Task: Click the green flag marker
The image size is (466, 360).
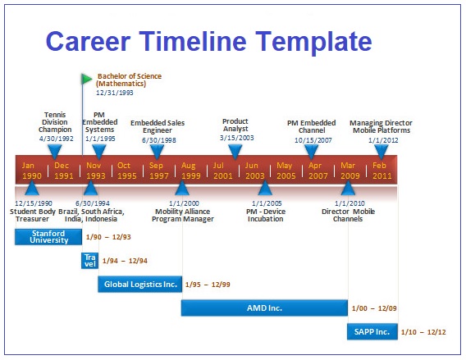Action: (x=86, y=79)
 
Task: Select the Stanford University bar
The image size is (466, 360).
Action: (x=48, y=237)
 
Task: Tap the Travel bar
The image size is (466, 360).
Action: (x=89, y=261)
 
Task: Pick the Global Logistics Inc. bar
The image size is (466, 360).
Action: (x=140, y=285)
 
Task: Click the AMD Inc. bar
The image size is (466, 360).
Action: (x=264, y=308)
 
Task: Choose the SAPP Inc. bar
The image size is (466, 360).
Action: (x=372, y=331)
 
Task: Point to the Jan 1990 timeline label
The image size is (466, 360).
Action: (x=31, y=171)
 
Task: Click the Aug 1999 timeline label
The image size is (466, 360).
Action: (x=191, y=171)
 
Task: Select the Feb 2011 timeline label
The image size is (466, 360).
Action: (x=381, y=171)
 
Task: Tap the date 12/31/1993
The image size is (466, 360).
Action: (x=115, y=93)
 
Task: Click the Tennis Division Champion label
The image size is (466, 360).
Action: (x=55, y=122)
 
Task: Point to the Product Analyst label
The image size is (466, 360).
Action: (x=235, y=125)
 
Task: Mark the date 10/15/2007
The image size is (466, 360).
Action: (x=313, y=140)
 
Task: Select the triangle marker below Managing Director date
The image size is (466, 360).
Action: (x=381, y=152)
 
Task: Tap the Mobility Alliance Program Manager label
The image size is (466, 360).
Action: (x=182, y=216)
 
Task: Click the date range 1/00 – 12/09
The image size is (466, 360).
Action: (x=374, y=308)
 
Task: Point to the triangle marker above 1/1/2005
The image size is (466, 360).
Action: (x=265, y=188)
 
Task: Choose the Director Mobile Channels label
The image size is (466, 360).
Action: (x=348, y=216)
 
